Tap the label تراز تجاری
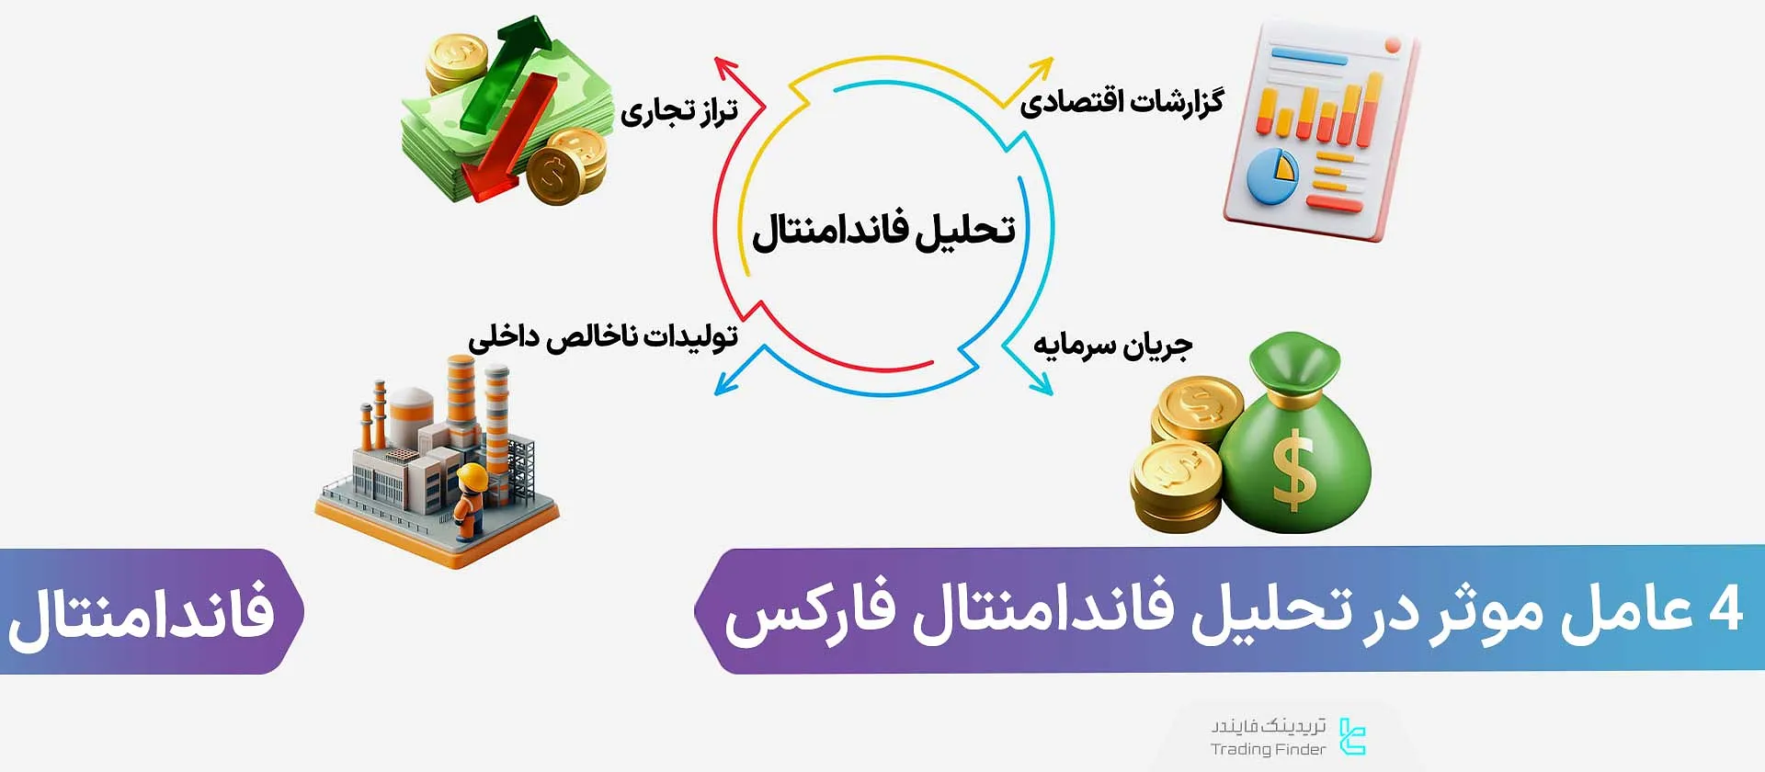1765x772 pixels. pyautogui.click(x=679, y=111)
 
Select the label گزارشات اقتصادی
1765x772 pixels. pyautogui.click(x=1122, y=100)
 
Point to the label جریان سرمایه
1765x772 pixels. pyautogui.click(x=1112, y=345)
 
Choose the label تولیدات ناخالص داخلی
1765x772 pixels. pyautogui.click(x=603, y=336)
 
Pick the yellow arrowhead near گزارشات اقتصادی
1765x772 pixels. pyautogui.click(x=1042, y=67)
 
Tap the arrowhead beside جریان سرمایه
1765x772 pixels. pyautogui.click(x=1042, y=386)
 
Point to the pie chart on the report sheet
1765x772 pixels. pyautogui.click(x=1272, y=175)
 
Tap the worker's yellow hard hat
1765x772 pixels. pyautogui.click(x=473, y=476)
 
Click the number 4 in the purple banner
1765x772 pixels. pyautogui.click(x=1725, y=609)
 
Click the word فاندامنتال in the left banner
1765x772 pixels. pyautogui.click(x=142, y=613)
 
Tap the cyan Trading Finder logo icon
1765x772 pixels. pyautogui.click(x=1352, y=737)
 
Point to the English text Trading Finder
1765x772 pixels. pyautogui.click(x=1268, y=750)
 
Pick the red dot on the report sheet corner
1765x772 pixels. pyautogui.click(x=1392, y=45)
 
